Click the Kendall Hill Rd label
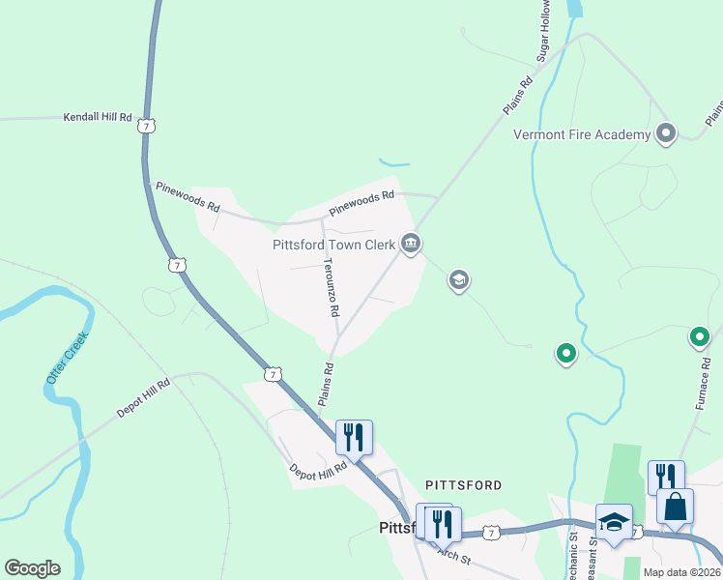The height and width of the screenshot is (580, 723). point(98,117)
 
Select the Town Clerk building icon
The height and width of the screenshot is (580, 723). point(411,244)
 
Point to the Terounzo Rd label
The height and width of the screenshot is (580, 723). point(332,287)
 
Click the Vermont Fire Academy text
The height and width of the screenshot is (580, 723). point(582,134)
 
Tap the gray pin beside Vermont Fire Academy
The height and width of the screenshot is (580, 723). point(665,133)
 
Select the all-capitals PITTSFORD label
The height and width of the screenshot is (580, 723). point(464,483)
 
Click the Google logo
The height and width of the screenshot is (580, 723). point(32,568)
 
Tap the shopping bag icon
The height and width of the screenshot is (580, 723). point(675,506)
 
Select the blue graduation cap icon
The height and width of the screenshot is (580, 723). point(614,523)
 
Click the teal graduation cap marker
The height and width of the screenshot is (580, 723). point(458,281)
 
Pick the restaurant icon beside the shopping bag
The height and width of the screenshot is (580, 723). point(666,477)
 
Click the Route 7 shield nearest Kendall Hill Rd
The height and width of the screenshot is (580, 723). point(145,126)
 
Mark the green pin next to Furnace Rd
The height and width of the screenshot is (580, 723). point(699,337)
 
